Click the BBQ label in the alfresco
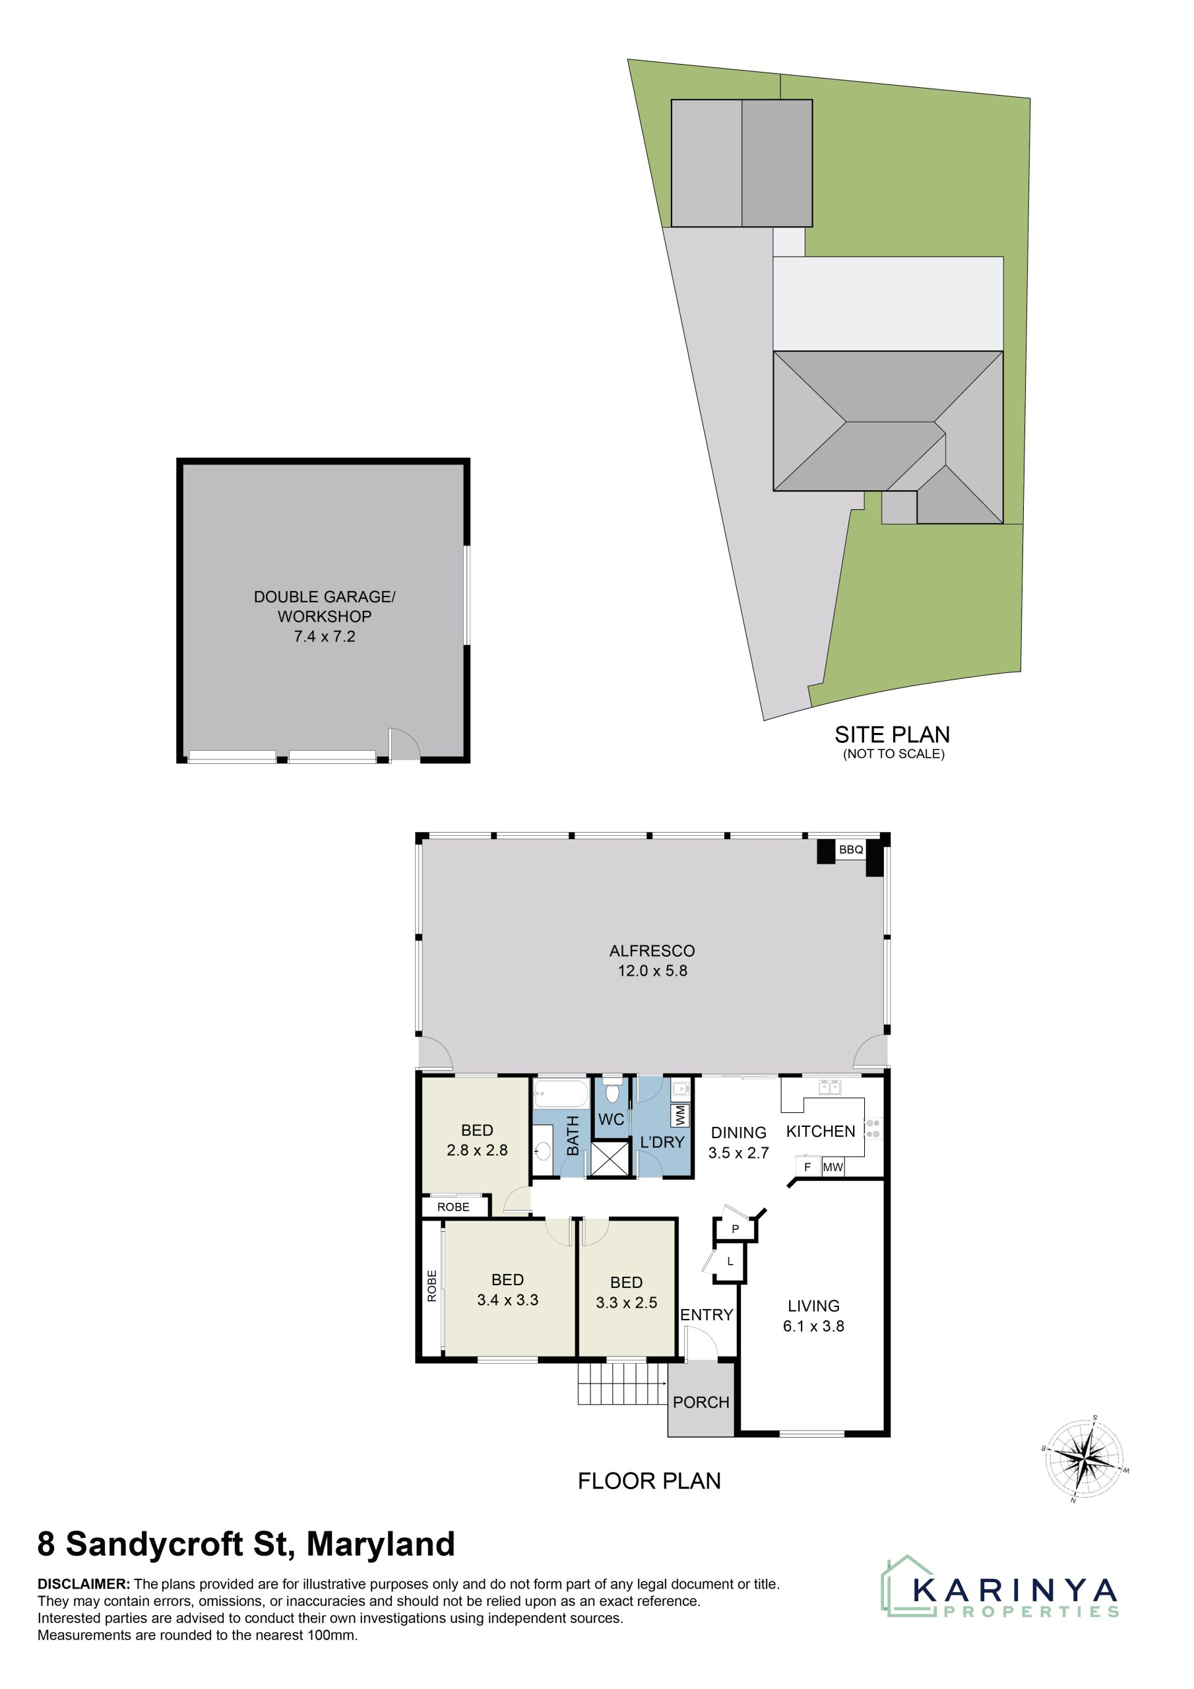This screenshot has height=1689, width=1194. pyautogui.click(x=851, y=850)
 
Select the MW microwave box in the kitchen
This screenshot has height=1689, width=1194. pyautogui.click(x=833, y=1166)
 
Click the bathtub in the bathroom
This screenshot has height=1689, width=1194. pyautogui.click(x=561, y=1094)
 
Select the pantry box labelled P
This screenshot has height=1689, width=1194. pyautogui.click(x=734, y=1228)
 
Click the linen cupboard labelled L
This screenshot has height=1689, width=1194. pyautogui.click(x=730, y=1261)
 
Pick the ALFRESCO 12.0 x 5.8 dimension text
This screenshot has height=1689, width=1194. pyautogui.click(x=652, y=971)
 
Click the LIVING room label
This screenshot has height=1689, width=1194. pyautogui.click(x=813, y=1306)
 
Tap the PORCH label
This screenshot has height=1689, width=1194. pyautogui.click(x=701, y=1402)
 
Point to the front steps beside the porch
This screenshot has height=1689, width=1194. pyautogui.click(x=622, y=1383)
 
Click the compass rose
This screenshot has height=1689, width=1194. pyautogui.click(x=1084, y=1457)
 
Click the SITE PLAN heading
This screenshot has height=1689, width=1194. pyautogui.click(x=892, y=734)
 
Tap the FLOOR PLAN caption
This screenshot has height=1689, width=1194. pyautogui.click(x=649, y=1481)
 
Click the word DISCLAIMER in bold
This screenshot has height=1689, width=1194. pyautogui.click(x=84, y=1584)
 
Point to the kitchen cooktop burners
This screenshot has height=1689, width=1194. pyautogui.click(x=873, y=1128)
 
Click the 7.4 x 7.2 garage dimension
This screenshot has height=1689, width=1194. pyautogui.click(x=325, y=636)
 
